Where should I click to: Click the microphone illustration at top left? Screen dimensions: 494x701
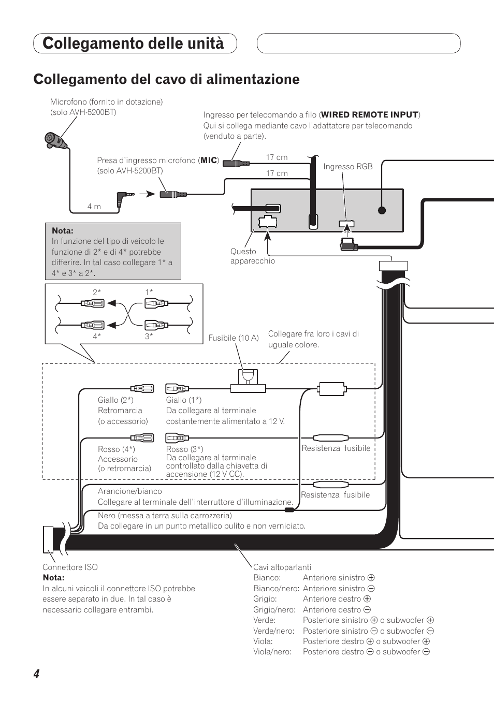55,140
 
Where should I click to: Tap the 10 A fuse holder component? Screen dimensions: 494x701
248,381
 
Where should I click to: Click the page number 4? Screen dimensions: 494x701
36,674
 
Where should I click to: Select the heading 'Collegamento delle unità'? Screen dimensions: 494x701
133,43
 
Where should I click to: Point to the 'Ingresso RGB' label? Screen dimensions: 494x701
348,167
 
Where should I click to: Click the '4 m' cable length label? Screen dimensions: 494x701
94,207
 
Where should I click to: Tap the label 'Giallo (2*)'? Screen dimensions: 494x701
115,400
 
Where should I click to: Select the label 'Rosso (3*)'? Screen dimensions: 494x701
184,449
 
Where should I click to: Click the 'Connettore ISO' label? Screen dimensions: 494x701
70,567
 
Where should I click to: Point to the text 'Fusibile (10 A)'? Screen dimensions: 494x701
234,338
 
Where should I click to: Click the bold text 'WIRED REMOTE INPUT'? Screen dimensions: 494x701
369,115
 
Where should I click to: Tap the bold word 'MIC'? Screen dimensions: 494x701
209,160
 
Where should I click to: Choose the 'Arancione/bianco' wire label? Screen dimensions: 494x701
129,491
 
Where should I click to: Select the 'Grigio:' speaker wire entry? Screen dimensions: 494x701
265,598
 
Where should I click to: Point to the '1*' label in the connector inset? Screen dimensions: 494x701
149,292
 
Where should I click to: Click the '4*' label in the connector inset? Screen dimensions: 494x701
97,336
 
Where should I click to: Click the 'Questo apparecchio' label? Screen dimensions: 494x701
253,256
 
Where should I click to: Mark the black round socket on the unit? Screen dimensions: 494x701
382,210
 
